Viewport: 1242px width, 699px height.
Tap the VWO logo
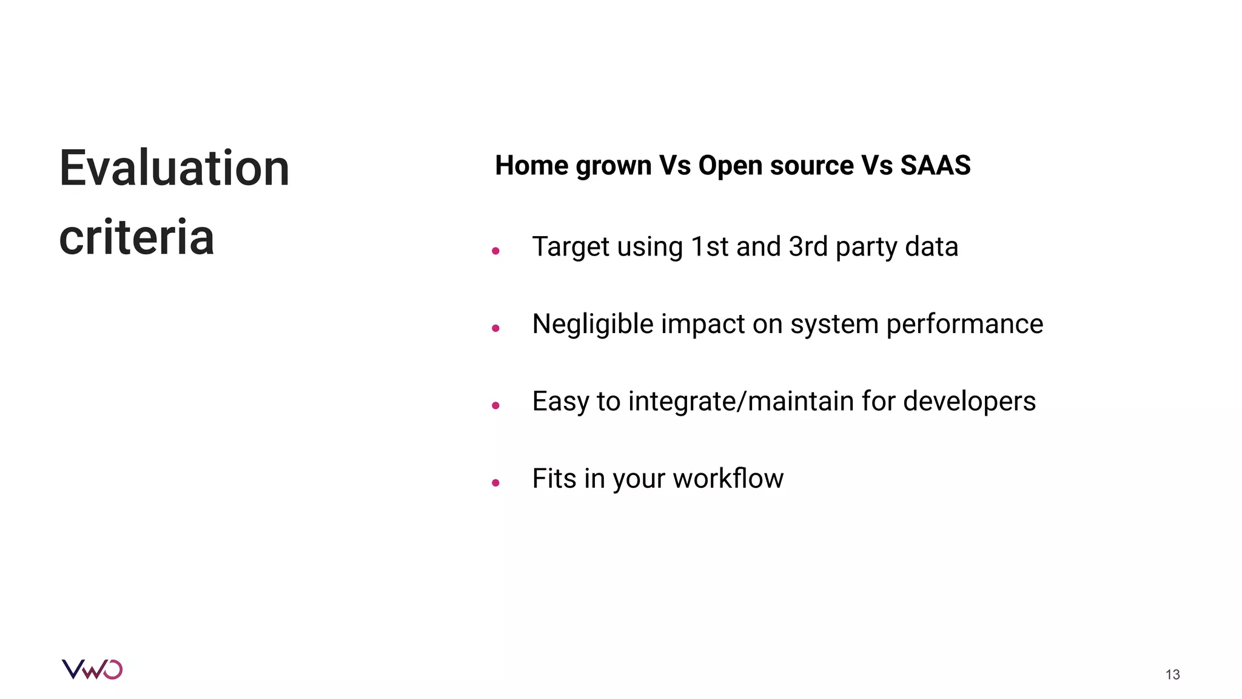point(92,669)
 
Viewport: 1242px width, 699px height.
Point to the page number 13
point(1172,675)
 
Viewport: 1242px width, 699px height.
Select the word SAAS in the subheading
point(935,166)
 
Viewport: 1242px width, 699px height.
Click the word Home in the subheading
point(531,166)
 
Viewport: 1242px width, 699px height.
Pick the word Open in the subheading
point(730,166)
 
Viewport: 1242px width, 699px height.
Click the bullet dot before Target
point(495,251)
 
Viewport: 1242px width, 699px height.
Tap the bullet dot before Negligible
point(495,328)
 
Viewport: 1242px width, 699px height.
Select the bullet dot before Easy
point(495,405)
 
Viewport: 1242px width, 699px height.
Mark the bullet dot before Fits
point(495,483)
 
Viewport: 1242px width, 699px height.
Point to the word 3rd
point(808,247)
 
